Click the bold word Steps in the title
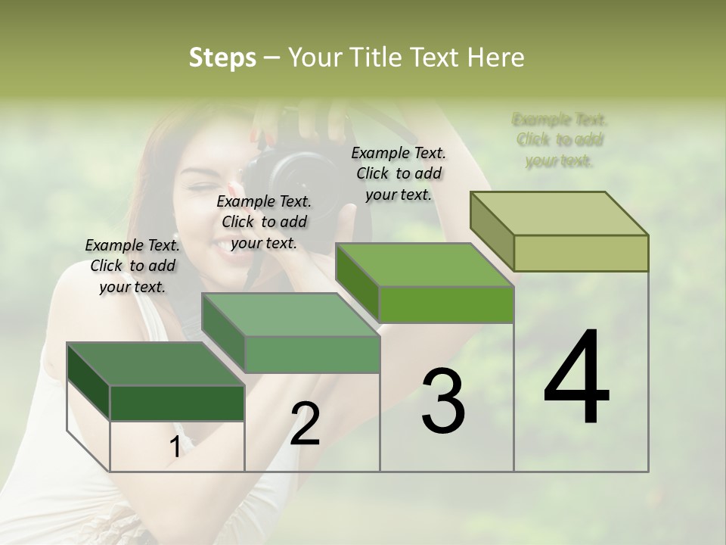coord(222,58)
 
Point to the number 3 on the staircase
coord(442,401)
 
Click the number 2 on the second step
coord(306,424)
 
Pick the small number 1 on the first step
coord(175,447)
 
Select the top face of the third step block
coord(423,265)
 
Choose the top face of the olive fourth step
coord(560,213)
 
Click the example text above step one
coord(132,266)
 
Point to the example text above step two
coord(264,223)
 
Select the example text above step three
coord(399,174)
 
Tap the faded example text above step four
coord(560,140)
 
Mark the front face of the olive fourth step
coord(581,253)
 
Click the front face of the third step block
coord(446,304)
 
